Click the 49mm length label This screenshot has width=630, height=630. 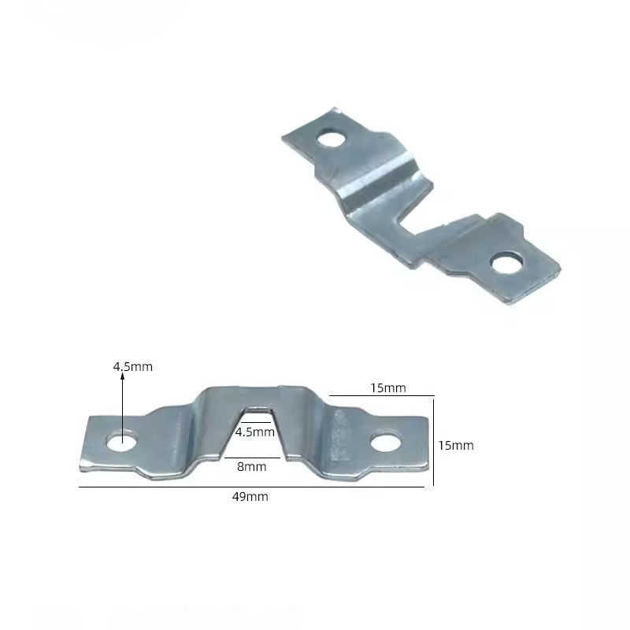tap(250, 497)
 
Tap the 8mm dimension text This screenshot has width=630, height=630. tap(251, 466)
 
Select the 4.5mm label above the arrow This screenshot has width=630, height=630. tap(132, 366)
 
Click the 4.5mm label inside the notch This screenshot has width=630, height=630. tap(254, 432)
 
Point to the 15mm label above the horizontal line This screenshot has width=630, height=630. tap(388, 387)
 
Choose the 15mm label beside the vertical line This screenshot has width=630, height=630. tap(456, 445)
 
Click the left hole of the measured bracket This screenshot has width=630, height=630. tap(122, 441)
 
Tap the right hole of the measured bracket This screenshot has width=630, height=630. tap(386, 443)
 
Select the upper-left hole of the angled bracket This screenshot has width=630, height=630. tap(332, 139)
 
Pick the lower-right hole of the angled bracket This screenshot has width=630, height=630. tap(507, 263)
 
